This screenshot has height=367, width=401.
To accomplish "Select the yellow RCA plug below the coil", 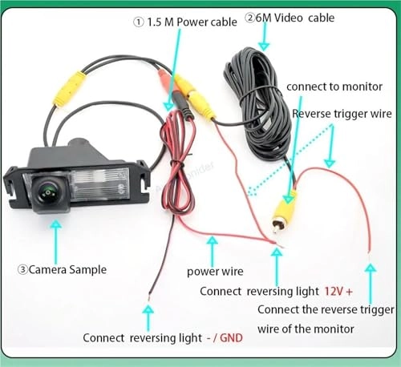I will (x=282, y=209).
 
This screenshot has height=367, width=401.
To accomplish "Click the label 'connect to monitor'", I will (x=330, y=86).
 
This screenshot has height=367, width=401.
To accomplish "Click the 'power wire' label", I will (x=214, y=271).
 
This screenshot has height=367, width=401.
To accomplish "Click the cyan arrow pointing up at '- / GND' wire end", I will (x=148, y=316).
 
